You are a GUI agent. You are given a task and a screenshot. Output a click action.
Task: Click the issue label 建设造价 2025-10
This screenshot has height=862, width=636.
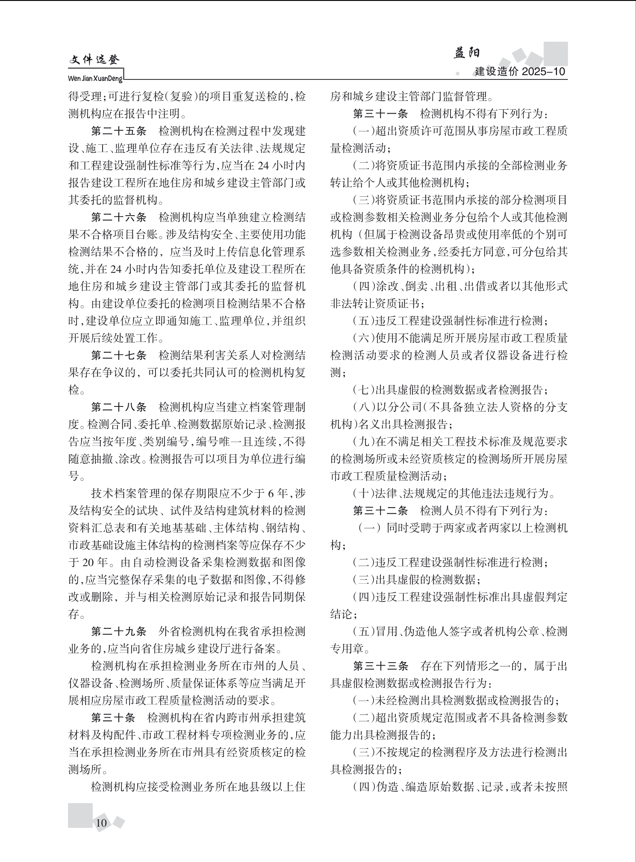[520, 72]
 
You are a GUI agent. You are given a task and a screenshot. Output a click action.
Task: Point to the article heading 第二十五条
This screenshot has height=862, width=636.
[119, 131]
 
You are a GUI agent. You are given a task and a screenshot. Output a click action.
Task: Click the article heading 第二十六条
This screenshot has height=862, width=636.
[119, 217]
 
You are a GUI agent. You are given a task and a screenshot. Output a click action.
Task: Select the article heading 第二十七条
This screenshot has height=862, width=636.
[119, 355]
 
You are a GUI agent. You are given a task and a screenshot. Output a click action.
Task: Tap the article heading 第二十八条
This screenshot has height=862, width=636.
[119, 407]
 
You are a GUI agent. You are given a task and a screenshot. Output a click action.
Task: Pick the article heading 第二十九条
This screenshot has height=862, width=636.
[119, 631]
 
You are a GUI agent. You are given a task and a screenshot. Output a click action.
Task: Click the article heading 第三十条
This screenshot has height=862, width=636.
[113, 718]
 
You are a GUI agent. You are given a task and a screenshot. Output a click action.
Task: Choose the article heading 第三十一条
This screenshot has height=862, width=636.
[380, 114]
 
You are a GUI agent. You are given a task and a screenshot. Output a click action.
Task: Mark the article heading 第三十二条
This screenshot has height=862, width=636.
[380, 511]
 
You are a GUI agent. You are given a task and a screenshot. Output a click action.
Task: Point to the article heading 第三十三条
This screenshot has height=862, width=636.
[380, 666]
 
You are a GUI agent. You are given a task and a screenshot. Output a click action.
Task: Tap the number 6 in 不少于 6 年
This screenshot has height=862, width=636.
[270, 494]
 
